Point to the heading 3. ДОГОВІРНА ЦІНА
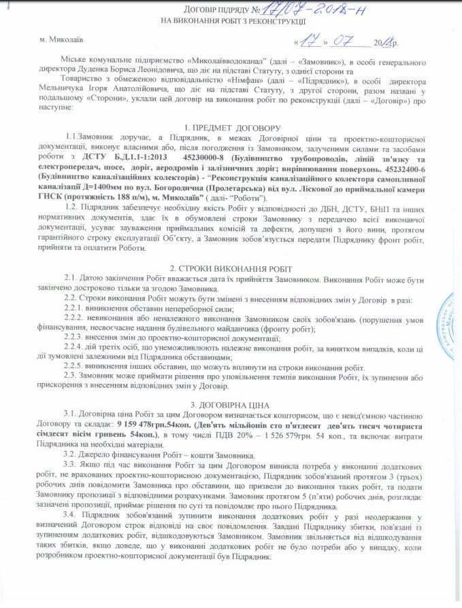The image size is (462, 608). point(231,405)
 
